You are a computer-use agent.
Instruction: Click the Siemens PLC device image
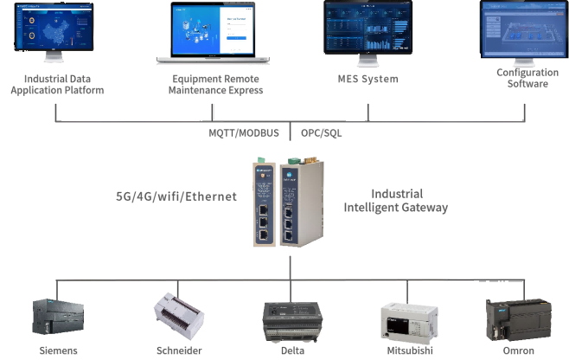58,318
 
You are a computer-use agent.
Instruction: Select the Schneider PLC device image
178,317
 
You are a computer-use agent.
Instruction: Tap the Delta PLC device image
291,318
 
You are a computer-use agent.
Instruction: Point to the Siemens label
58,350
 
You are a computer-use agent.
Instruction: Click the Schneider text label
178,350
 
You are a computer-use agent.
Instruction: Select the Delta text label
291,350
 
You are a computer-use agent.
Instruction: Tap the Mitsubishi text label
407,350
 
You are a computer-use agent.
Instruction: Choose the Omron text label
518,350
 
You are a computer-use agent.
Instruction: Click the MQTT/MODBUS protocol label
244,133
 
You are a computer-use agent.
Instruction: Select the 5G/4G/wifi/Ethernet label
176,196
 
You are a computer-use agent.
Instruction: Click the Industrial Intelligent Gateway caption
396,201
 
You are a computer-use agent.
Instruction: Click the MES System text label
368,79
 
